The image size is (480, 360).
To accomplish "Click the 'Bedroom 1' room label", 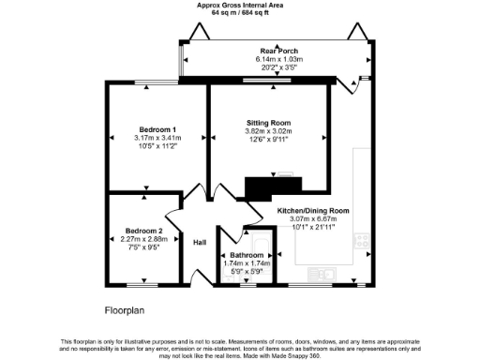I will pos(158,128).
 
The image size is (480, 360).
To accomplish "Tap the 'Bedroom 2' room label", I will pos(144,231).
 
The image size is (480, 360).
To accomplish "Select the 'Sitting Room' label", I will pos(268,123).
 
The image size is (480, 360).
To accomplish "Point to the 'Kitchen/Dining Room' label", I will pos(313,211).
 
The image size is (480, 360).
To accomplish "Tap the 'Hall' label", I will pos(200,243).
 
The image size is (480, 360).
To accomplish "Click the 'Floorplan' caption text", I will pos(125,308).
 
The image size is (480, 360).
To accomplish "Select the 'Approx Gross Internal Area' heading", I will pos(239,5).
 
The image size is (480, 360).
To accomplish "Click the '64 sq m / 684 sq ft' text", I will pos(239,13).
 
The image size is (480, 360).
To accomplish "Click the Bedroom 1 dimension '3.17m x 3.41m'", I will pos(158,138).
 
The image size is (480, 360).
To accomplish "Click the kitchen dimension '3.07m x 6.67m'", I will pos(313,218).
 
